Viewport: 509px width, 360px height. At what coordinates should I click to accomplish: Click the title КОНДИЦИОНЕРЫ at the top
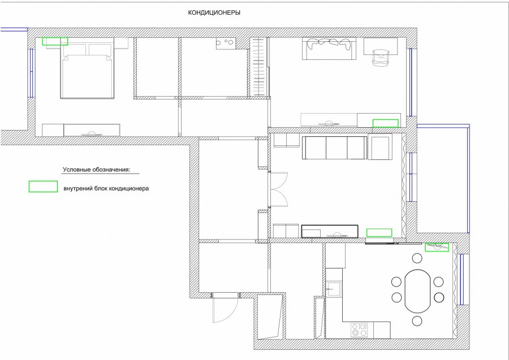coord(214,13)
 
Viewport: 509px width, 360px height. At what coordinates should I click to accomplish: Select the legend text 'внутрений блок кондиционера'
coord(106,188)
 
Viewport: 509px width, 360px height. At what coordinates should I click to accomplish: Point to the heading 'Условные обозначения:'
coord(96,170)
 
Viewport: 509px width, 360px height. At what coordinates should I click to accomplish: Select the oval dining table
coord(417,291)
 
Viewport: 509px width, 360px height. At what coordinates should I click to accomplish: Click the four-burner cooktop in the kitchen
coord(359,330)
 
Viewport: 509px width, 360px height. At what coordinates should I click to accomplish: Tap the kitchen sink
coord(333,289)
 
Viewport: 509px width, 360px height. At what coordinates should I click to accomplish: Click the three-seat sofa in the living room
coord(334,148)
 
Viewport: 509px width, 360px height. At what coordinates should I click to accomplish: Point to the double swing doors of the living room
coord(279,189)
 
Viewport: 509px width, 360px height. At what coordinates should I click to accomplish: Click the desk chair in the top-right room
coord(381,58)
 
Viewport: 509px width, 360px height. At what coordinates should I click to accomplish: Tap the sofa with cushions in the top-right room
coord(329,49)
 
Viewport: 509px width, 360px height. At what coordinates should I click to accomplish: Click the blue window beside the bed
coord(32,73)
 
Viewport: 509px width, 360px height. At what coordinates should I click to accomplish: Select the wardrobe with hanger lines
coord(258,67)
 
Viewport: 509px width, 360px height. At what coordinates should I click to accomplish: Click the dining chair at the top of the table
coord(417,258)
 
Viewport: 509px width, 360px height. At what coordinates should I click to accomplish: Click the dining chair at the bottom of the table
coord(417,321)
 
